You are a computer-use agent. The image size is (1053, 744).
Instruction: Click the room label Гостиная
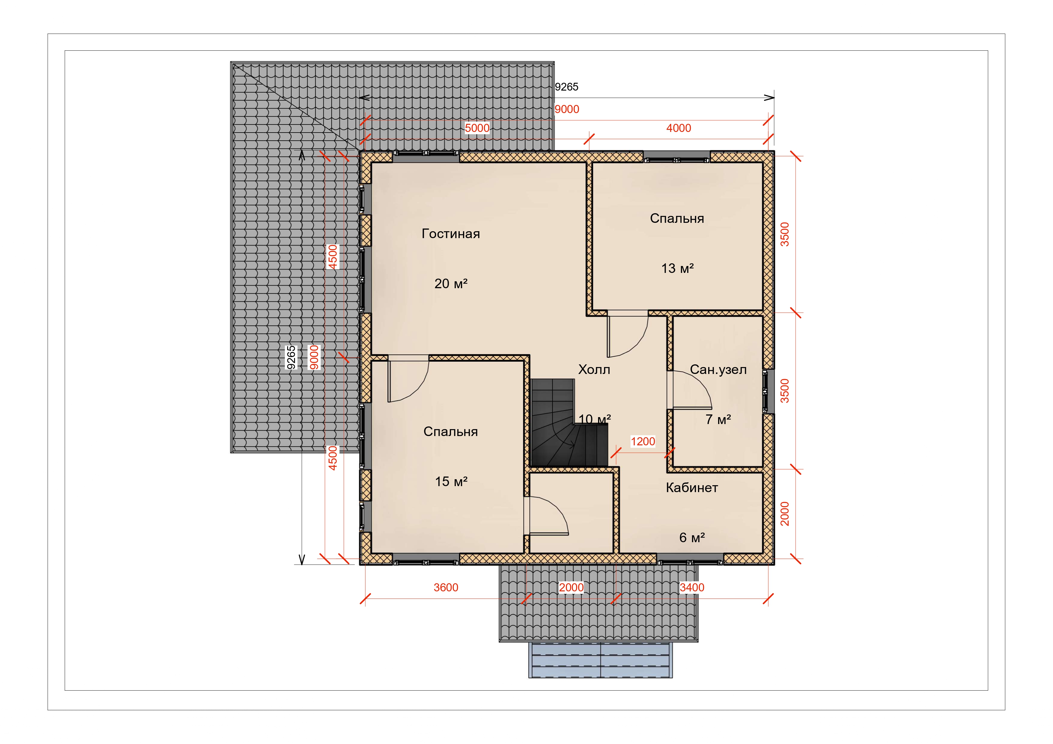[450, 234]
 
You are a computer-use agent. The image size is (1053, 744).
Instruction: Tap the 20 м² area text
[451, 284]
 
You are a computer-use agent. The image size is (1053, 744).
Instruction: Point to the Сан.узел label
[718, 369]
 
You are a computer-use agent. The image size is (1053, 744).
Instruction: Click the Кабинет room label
[692, 488]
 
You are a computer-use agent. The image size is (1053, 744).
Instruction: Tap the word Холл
[594, 369]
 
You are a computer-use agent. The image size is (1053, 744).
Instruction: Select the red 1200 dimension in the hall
[642, 441]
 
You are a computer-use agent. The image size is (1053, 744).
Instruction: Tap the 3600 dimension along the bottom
[446, 588]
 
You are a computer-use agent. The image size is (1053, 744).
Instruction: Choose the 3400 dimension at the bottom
[692, 588]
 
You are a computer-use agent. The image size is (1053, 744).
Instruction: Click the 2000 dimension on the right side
[785, 513]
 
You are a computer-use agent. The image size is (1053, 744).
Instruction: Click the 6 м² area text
[692, 537]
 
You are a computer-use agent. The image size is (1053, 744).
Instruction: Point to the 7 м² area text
[718, 419]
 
